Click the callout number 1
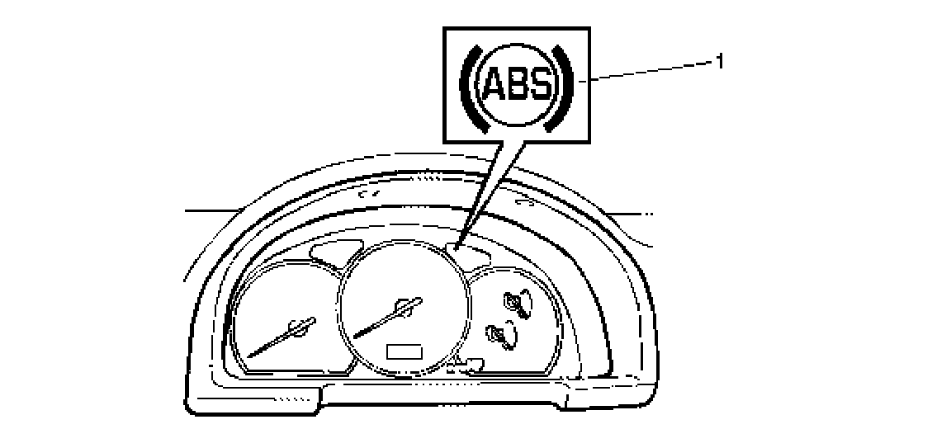click(x=720, y=61)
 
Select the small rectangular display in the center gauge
click(x=404, y=351)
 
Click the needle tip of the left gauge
click(x=248, y=357)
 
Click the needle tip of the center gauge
click(x=355, y=337)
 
